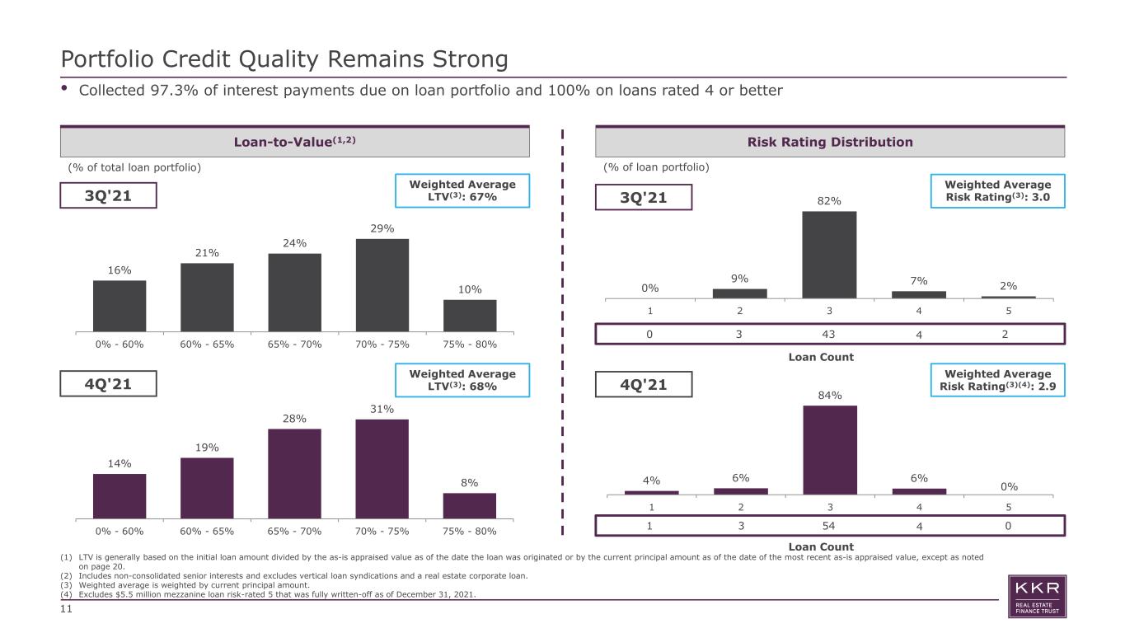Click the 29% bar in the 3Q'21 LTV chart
pyautogui.click(x=382, y=285)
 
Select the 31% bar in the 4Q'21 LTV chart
pyautogui.click(x=382, y=469)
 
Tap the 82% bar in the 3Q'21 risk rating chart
pyautogui.click(x=829, y=255)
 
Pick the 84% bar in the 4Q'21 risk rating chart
pyautogui.click(x=830, y=450)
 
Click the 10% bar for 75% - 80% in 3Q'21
pyautogui.click(x=470, y=316)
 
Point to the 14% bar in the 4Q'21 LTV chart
pyautogui.click(x=120, y=496)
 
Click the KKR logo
pyautogui.click(x=1037, y=597)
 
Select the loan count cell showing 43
pyautogui.click(x=828, y=334)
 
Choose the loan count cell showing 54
pyautogui.click(x=828, y=526)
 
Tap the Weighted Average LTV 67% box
pyautogui.click(x=462, y=191)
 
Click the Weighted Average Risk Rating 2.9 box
pyautogui.click(x=997, y=380)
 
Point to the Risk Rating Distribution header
pyautogui.click(x=830, y=142)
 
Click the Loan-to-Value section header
pyautogui.click(x=295, y=142)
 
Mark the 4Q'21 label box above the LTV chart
pyautogui.click(x=108, y=384)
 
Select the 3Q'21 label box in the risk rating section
pyautogui.click(x=644, y=197)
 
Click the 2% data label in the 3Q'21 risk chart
pyautogui.click(x=1009, y=286)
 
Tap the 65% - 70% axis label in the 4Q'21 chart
pyautogui.click(x=294, y=531)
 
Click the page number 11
pyautogui.click(x=66, y=609)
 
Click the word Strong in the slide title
pyautogui.click(x=470, y=59)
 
